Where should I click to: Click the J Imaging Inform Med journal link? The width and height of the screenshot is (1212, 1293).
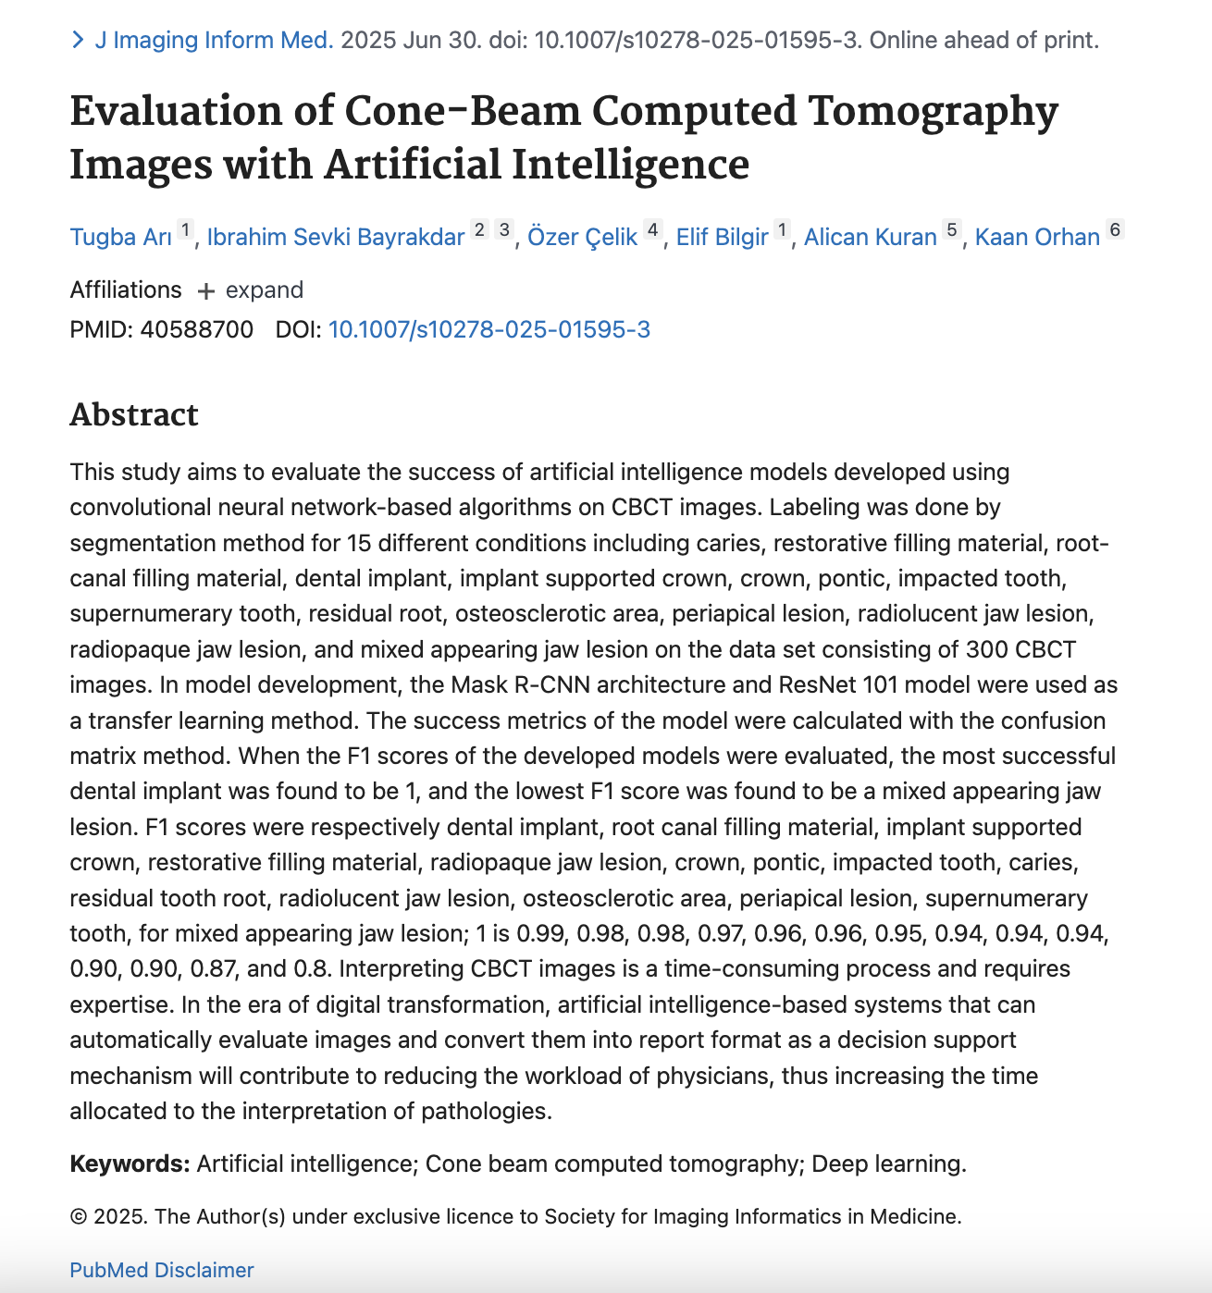[213, 41]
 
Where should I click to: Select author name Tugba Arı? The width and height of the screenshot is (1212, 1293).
[120, 238]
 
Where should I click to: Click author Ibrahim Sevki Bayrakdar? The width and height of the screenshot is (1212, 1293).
[335, 238]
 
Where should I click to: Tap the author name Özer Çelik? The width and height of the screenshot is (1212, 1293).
[582, 238]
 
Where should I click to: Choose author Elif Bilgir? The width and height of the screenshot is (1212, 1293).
[722, 238]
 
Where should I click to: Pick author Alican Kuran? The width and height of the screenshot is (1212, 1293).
[870, 238]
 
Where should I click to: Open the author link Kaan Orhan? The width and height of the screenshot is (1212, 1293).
[1037, 238]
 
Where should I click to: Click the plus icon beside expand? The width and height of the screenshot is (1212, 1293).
[206, 291]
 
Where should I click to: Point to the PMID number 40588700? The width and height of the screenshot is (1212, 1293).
[196, 330]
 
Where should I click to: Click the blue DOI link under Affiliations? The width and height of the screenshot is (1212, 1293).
[489, 330]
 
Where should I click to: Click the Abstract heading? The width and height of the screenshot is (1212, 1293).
[134, 415]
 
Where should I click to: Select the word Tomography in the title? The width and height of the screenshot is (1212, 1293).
[933, 112]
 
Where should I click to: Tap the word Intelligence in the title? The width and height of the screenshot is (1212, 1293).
[629, 166]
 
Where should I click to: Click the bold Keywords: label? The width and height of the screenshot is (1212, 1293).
[130, 1164]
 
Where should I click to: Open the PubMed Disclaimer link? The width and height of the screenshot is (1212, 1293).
[161, 1270]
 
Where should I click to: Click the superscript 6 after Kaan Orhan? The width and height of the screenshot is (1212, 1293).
[1115, 229]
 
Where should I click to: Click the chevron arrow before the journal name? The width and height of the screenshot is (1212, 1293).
[78, 41]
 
